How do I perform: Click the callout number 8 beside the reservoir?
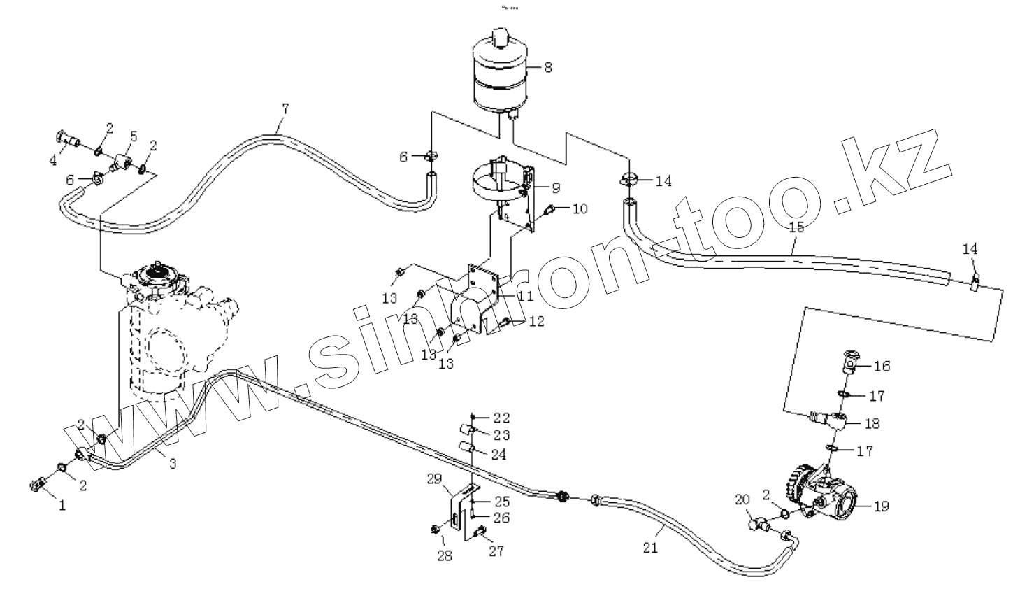pyautogui.click(x=548, y=67)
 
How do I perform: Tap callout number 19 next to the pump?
pyautogui.click(x=882, y=506)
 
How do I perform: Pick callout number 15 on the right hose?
pyautogui.click(x=796, y=227)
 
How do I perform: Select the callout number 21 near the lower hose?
pyautogui.click(x=650, y=548)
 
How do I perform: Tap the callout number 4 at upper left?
pyautogui.click(x=53, y=160)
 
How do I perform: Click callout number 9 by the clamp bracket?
pyautogui.click(x=556, y=187)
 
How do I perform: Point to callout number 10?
pyautogui.click(x=580, y=208)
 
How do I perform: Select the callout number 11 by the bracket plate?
pyautogui.click(x=525, y=296)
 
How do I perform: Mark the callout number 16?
pyautogui.click(x=882, y=366)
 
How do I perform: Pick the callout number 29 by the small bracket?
pyautogui.click(x=435, y=478)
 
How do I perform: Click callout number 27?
pyautogui.click(x=496, y=551)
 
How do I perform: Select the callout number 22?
pyautogui.click(x=501, y=418)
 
